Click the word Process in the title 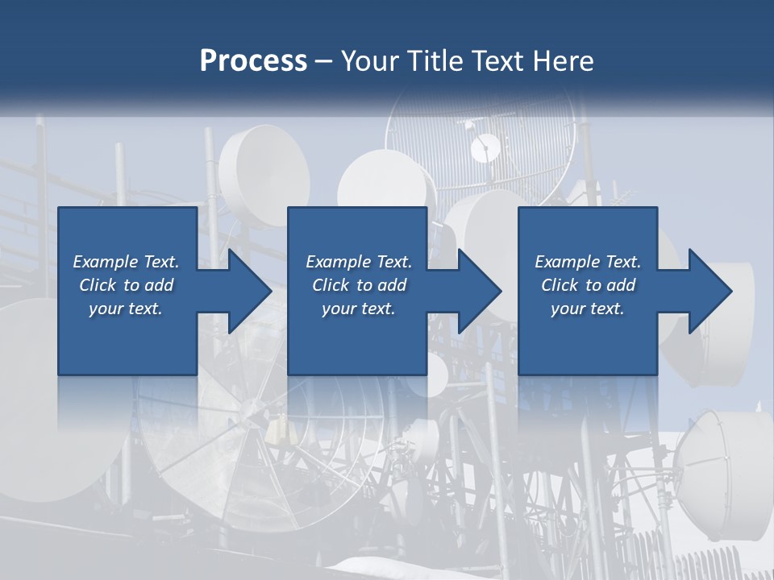253,60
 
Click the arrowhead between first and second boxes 249,291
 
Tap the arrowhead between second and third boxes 479,291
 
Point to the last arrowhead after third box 709,291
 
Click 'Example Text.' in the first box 126,262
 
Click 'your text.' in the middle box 358,309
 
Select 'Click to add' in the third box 588,285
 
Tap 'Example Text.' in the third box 588,262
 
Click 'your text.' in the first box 126,309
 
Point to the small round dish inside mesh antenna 485,148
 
